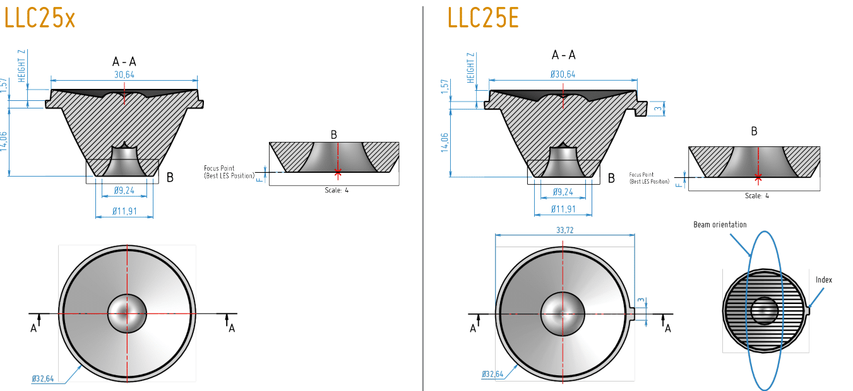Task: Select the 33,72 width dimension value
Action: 565,230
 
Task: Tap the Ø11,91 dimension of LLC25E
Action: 563,209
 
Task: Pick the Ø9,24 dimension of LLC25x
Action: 125,190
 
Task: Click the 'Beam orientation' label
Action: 720,225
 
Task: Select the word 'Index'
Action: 823,279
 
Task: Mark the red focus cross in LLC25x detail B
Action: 338,172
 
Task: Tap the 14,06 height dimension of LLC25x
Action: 6,141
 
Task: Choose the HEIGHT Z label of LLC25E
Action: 470,68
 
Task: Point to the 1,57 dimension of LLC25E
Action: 444,88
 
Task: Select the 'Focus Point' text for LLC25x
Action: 219,168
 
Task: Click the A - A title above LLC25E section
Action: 563,55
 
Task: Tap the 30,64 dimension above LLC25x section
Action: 124,74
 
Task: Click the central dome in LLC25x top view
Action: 127,313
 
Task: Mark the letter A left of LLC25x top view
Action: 34,328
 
